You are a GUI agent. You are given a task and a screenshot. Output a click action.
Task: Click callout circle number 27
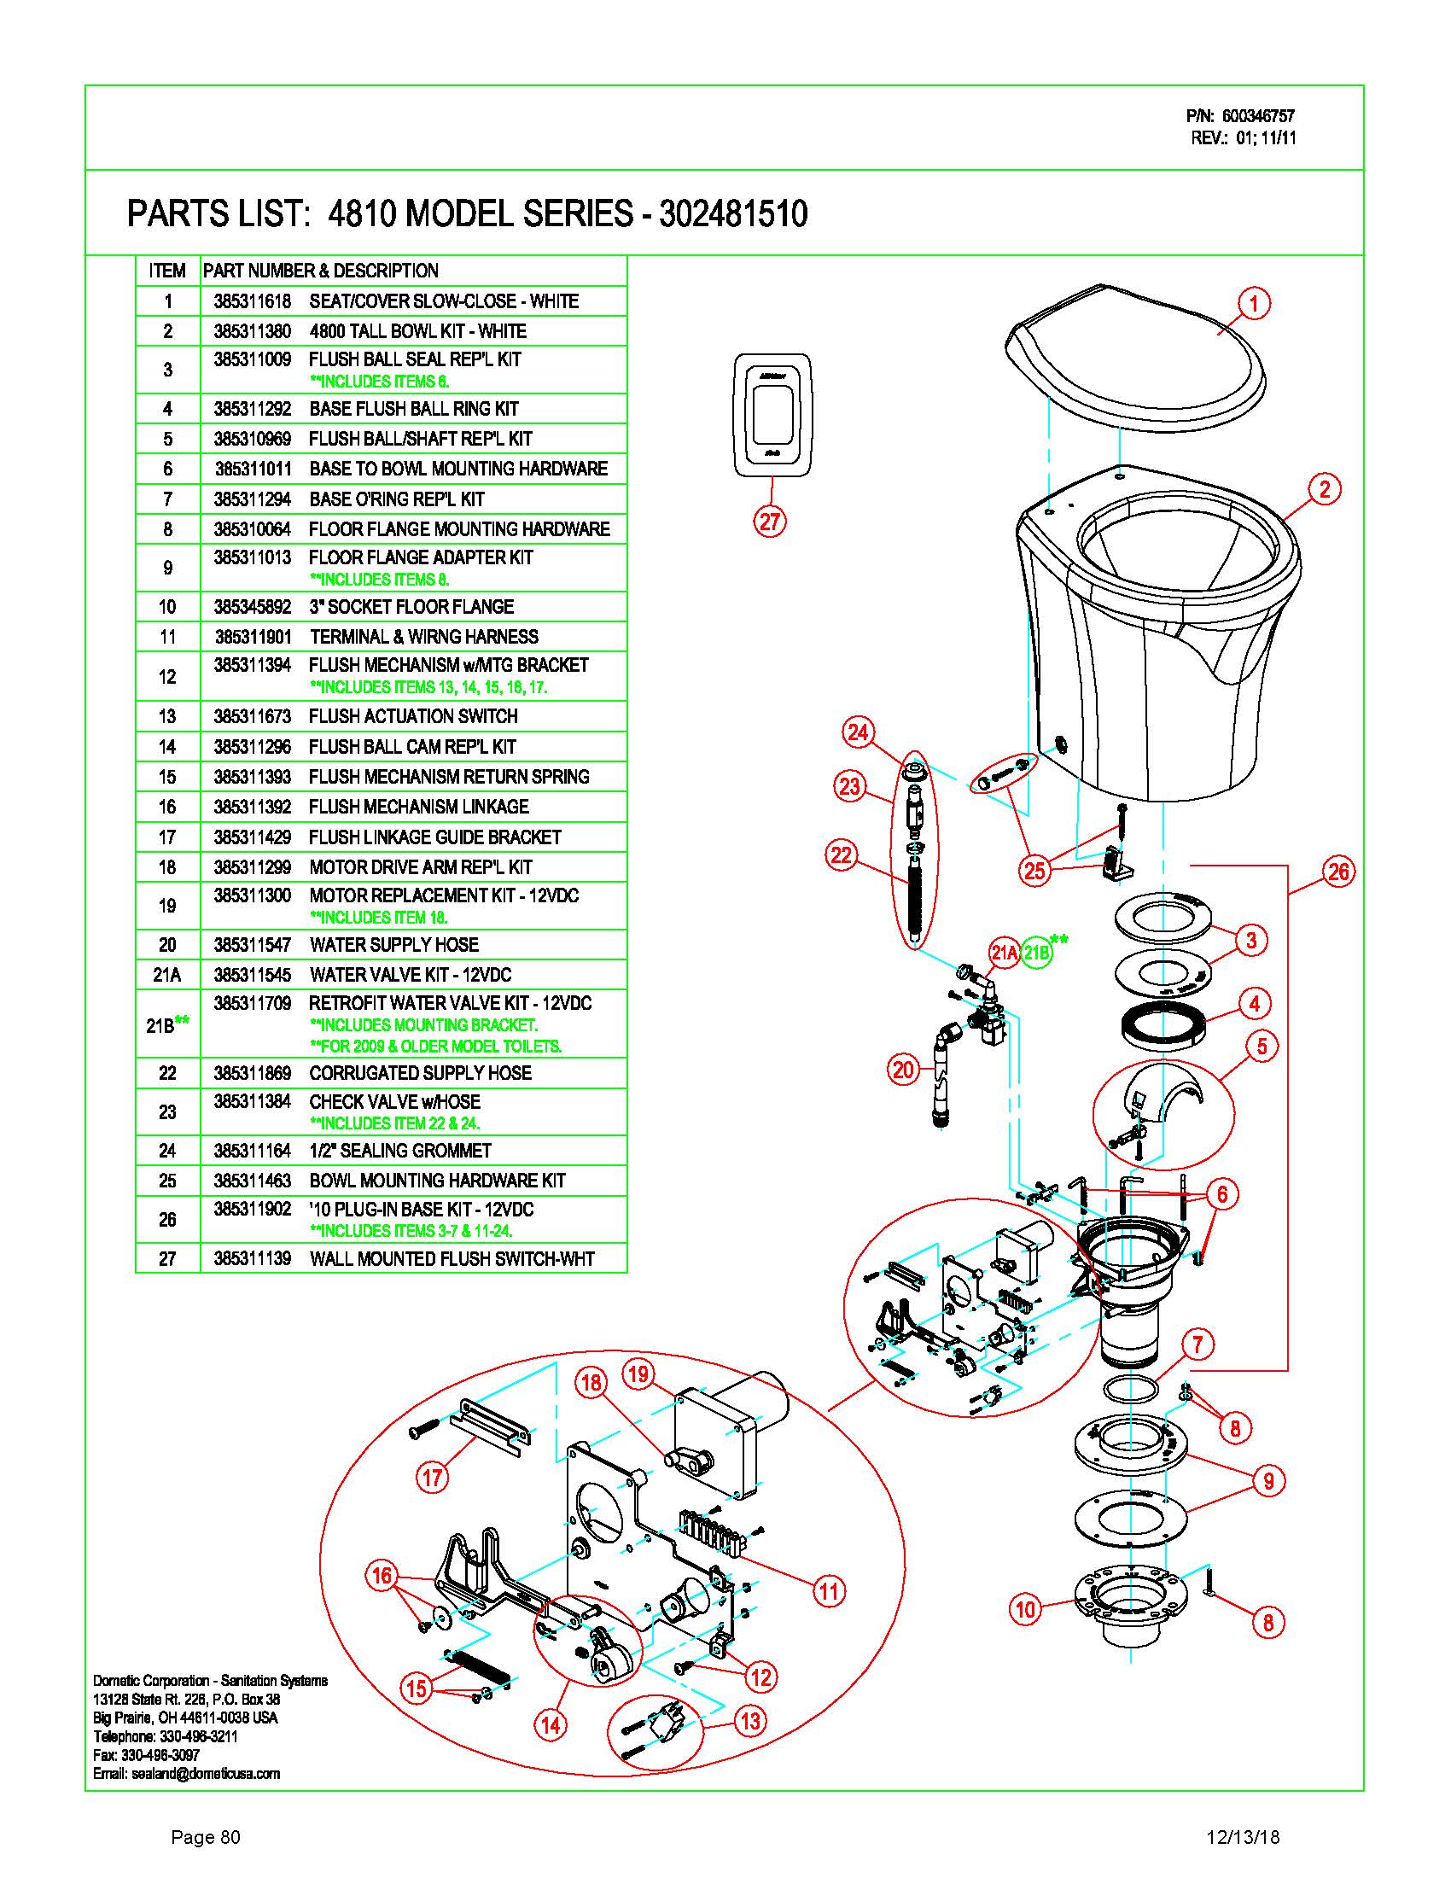point(769,521)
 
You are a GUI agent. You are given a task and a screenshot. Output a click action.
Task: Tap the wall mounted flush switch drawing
point(771,414)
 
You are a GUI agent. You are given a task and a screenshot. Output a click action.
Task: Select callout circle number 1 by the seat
point(1253,304)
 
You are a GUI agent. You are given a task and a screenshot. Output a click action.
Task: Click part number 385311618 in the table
point(253,302)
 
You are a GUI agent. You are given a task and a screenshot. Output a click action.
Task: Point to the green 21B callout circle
point(1038,953)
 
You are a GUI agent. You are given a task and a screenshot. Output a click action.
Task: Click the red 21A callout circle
point(1004,953)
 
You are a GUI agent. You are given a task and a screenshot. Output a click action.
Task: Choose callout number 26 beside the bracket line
point(1339,872)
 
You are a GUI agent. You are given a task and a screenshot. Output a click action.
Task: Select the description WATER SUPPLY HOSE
point(393,945)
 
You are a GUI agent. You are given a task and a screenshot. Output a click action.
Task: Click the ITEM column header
point(167,271)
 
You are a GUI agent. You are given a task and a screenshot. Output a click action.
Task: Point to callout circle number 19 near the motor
point(638,1374)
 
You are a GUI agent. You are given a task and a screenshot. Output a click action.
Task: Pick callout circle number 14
point(551,1724)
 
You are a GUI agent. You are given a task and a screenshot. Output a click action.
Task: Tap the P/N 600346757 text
point(1239,116)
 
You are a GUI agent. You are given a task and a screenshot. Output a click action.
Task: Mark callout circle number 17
point(433,1478)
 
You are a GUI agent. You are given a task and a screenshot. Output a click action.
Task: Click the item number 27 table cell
point(167,1259)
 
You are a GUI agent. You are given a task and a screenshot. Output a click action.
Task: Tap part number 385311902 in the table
point(253,1210)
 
